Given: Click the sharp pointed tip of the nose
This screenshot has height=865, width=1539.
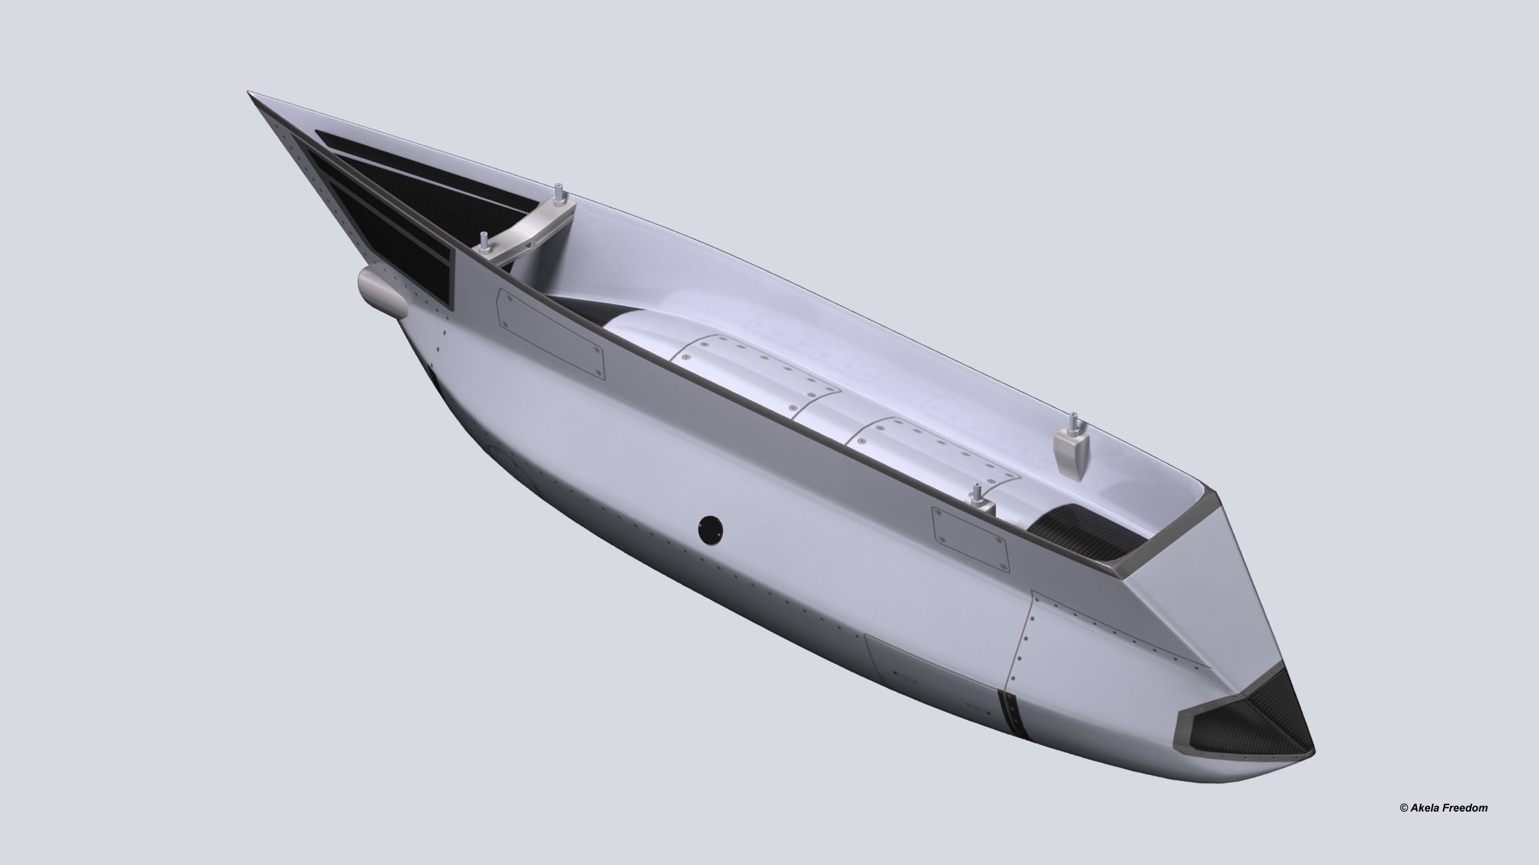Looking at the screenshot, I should pyautogui.click(x=250, y=94).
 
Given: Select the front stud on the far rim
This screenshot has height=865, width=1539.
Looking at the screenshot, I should pyautogui.click(x=558, y=192).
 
